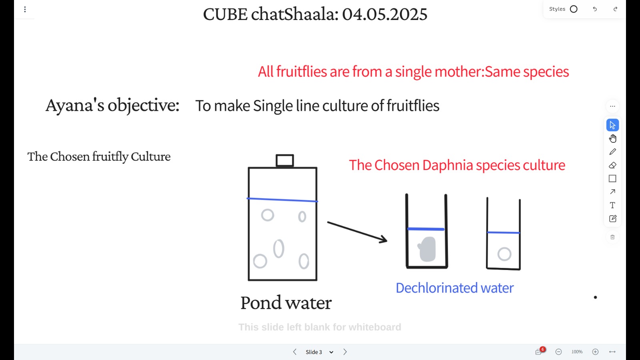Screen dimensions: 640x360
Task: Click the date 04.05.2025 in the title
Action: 384,14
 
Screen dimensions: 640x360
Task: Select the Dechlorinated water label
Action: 454,288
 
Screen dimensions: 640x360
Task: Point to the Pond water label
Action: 286,302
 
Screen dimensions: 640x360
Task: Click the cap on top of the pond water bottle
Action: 284,160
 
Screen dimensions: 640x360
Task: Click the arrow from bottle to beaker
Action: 357,232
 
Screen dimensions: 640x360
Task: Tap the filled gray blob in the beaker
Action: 427,249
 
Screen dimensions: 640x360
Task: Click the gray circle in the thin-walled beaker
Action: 504,254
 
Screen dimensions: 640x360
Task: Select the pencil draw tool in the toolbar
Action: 612,152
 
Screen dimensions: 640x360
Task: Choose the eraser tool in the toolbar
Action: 612,165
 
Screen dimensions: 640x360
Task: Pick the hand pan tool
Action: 612,138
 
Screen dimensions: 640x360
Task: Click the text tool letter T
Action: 612,205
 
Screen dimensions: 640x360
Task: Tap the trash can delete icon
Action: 612,237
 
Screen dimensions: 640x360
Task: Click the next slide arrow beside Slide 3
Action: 345,352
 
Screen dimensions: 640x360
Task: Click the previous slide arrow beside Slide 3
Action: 294,352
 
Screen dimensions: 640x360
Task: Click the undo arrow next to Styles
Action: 595,9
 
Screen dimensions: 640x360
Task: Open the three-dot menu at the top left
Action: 25,10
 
